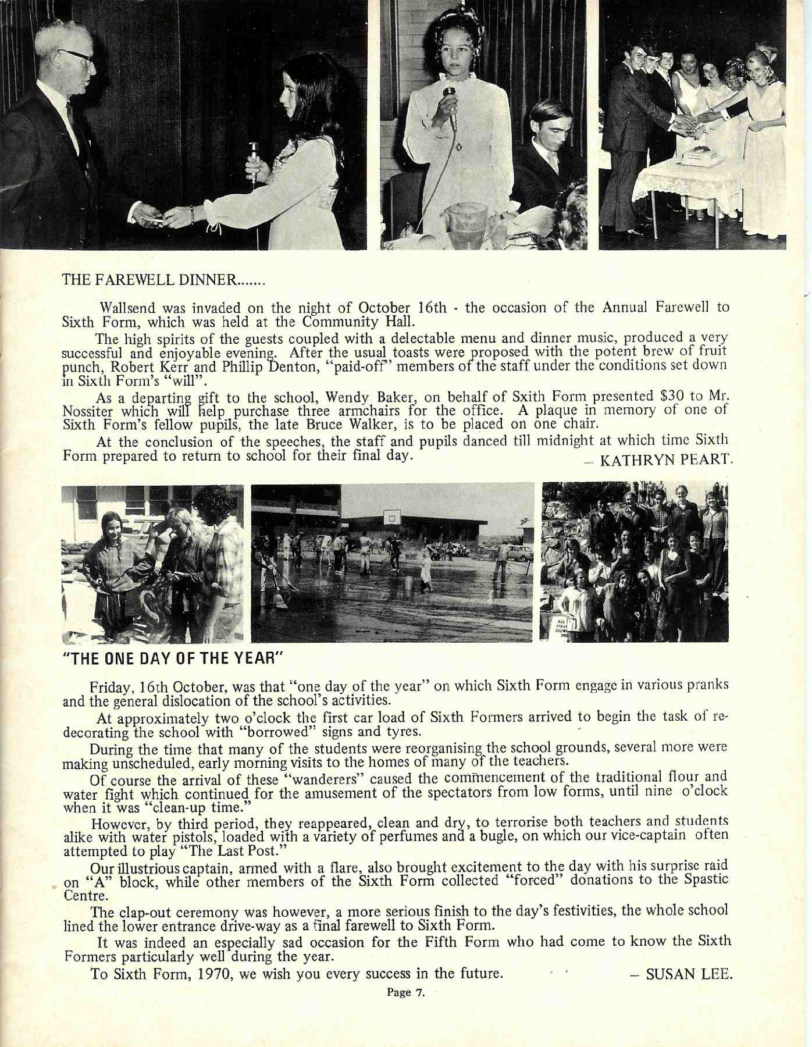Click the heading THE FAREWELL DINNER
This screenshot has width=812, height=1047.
[163, 280]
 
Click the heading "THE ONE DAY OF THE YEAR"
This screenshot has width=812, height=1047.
[172, 658]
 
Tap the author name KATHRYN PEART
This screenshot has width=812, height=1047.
[664, 460]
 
